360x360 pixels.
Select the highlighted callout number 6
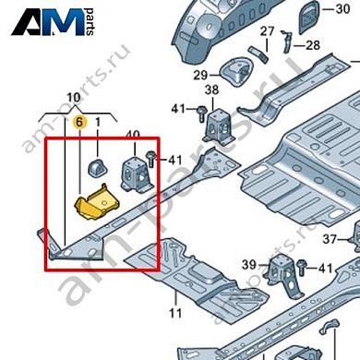point(80,121)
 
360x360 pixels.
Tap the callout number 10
point(74,98)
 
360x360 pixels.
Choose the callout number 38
point(211,90)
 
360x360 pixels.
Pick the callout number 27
point(267,32)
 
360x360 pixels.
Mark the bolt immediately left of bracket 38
point(198,112)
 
